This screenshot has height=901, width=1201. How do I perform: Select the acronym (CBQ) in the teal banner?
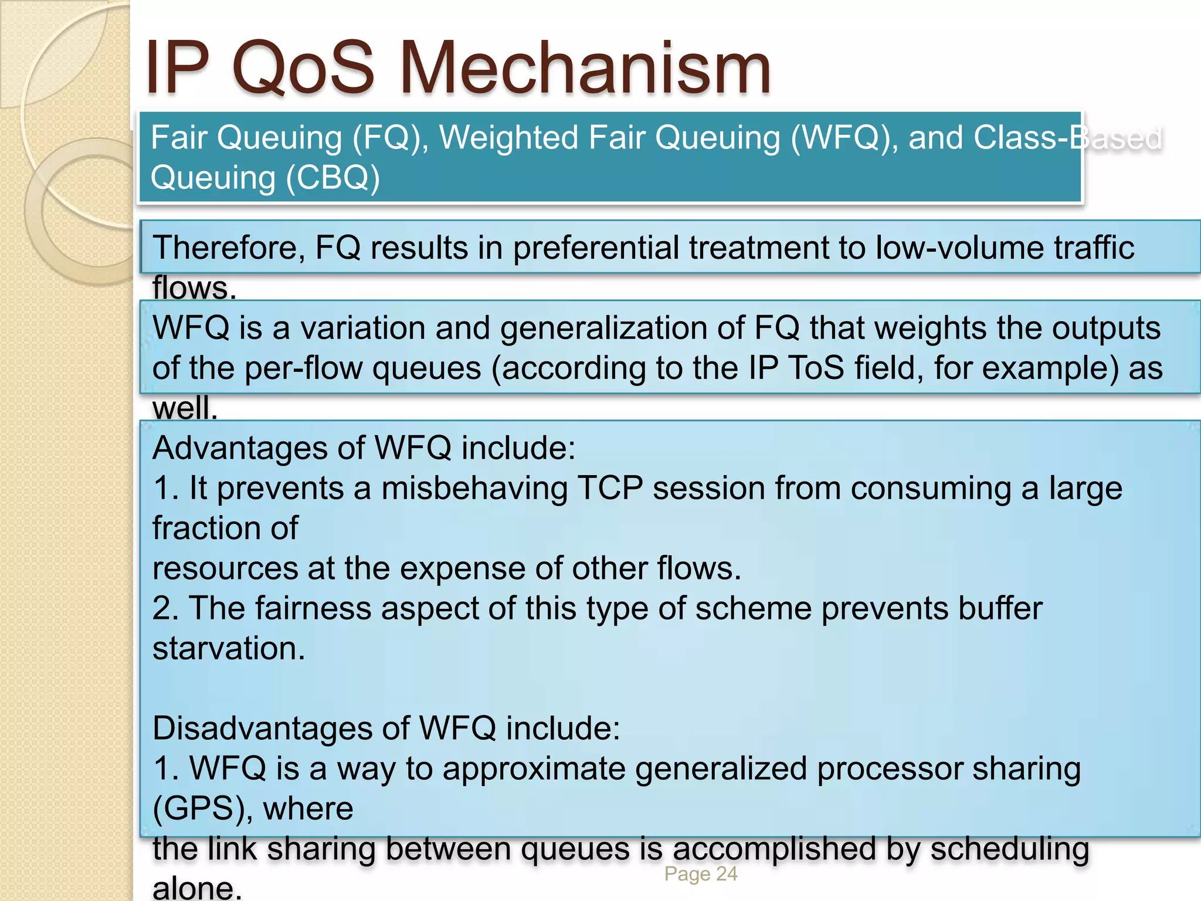click(x=333, y=177)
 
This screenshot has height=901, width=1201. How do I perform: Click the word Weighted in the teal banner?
click(x=509, y=138)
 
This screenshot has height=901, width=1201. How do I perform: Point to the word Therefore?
click(x=229, y=248)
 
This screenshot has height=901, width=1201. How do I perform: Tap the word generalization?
click(x=622, y=327)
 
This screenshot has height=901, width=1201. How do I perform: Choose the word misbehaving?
click(x=474, y=488)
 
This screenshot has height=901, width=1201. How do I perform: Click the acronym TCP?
click(x=610, y=488)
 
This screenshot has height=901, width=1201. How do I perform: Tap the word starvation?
click(x=229, y=648)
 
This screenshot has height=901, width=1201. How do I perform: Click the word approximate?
click(x=534, y=769)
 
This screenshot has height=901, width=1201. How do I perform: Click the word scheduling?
click(x=1009, y=849)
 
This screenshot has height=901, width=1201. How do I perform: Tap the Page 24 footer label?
click(x=701, y=874)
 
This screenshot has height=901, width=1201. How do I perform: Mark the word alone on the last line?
click(x=196, y=888)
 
